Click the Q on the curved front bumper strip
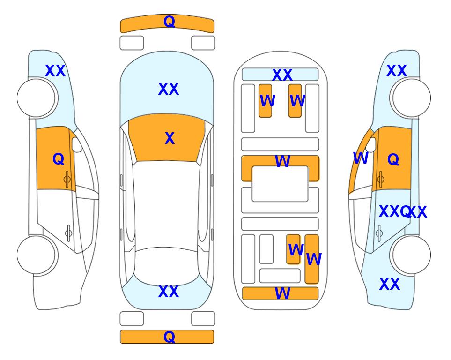click(x=169, y=22)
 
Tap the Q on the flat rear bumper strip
click(x=169, y=337)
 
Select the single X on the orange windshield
click(x=170, y=138)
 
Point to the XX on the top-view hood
click(x=169, y=89)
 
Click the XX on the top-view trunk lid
click(x=169, y=292)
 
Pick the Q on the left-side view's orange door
click(x=59, y=159)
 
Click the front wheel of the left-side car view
click(x=36, y=98)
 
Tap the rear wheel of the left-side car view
click(x=36, y=255)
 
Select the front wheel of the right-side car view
click(x=412, y=98)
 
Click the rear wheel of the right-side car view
click(x=412, y=255)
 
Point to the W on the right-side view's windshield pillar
click(x=361, y=158)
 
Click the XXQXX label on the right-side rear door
click(x=403, y=212)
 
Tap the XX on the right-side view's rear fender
click(x=390, y=284)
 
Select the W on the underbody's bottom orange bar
click(x=282, y=293)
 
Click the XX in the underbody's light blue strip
click(x=282, y=75)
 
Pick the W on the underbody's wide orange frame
click(x=282, y=161)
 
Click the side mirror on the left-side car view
click(x=77, y=144)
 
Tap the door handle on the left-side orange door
click(x=67, y=180)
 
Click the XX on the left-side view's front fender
click(x=55, y=71)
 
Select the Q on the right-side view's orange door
click(x=393, y=159)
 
